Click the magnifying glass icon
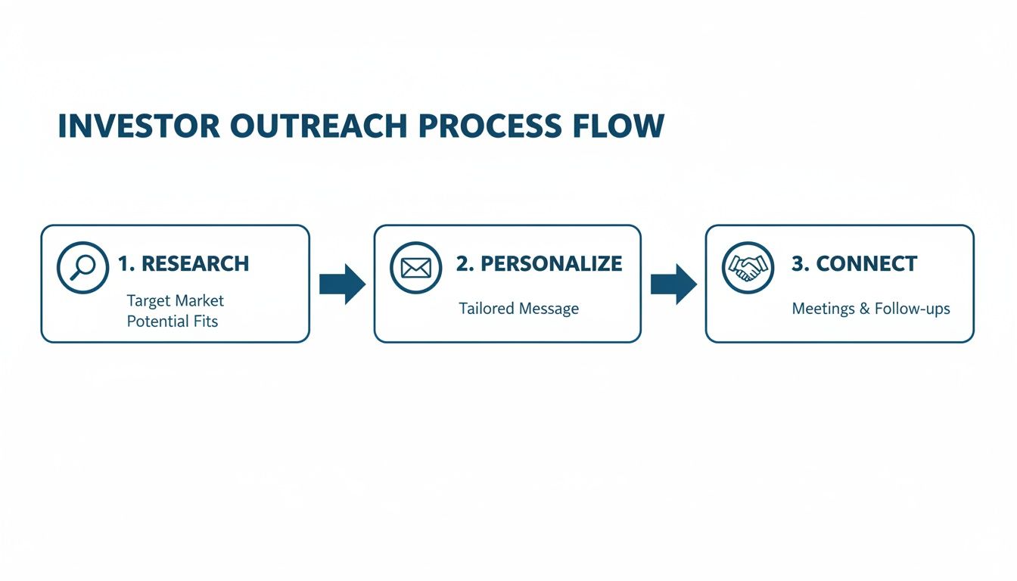[82, 267]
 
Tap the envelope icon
[416, 267]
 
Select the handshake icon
[748, 267]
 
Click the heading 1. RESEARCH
[183, 264]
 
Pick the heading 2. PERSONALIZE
[539, 264]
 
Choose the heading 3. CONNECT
[854, 264]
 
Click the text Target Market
[176, 301]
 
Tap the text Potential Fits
[173, 322]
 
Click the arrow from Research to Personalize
[342, 284]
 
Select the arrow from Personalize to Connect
[673, 284]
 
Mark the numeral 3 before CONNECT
[797, 264]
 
